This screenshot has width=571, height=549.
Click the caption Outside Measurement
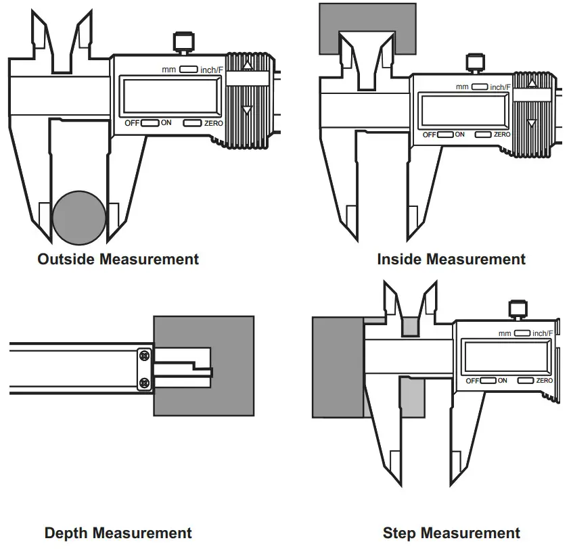pos(118,259)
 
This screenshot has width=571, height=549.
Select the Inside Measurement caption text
pos(451,259)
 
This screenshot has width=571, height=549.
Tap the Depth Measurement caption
pos(118,533)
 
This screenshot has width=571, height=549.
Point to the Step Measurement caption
pos(451,533)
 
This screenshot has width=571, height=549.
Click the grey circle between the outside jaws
pos(79,218)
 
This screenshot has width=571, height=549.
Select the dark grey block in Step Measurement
pos(337,366)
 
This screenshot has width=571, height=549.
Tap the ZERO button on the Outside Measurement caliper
pos(193,123)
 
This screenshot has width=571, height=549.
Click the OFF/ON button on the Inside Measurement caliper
pos(444,135)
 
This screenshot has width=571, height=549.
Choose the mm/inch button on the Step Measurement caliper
pos(521,333)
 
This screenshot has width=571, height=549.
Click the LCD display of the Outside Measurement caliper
pos(169,95)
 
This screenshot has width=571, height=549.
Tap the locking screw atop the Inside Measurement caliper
pos(474,63)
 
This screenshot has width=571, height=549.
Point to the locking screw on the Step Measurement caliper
pos(517,309)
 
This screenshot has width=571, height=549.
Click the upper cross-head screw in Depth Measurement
pos(143,355)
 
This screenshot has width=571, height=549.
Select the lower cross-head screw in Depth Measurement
pos(143,383)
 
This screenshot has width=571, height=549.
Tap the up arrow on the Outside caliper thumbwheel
pos(248,65)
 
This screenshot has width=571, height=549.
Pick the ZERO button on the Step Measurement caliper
pos(525,381)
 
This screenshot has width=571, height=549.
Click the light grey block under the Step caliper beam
pos(411,397)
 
